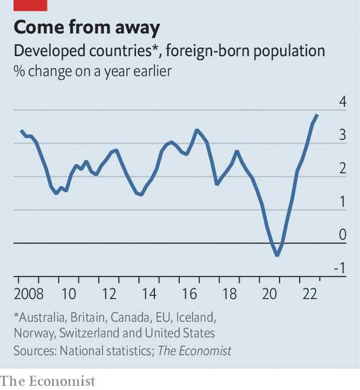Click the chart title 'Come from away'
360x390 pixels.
point(87,27)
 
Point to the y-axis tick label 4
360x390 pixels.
point(342,102)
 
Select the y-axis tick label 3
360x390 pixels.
point(342,136)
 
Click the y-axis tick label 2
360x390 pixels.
point(342,169)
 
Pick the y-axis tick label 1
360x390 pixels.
point(342,202)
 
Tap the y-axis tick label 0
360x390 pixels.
point(342,235)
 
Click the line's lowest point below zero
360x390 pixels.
point(277,255)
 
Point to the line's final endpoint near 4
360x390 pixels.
point(318,115)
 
